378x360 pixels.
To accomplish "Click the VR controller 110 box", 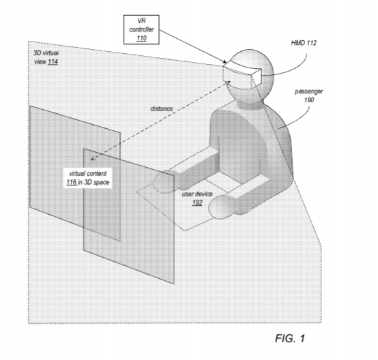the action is pos(141,29).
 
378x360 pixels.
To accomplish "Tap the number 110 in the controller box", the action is pos(141,38).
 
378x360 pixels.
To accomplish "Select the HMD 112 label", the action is pos(304,43).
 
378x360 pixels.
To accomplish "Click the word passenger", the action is pos(308,91).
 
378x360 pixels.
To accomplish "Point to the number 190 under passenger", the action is pos(309,100).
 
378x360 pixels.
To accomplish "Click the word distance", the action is pos(162,108).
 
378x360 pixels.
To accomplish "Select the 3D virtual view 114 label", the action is pos(46,57).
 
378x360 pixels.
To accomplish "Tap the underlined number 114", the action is pos(53,61).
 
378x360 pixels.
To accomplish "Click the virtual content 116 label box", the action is pos(88,178).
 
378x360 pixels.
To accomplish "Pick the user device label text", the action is pos(197,194).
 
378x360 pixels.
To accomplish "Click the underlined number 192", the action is pos(197,202).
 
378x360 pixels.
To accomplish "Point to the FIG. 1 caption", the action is pos(290,338).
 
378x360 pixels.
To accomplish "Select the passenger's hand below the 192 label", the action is pos(222,207).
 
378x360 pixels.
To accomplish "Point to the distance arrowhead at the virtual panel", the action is pos(93,158).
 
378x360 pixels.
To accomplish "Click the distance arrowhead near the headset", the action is pos(228,83).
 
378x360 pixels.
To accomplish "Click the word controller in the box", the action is pos(141,29).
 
